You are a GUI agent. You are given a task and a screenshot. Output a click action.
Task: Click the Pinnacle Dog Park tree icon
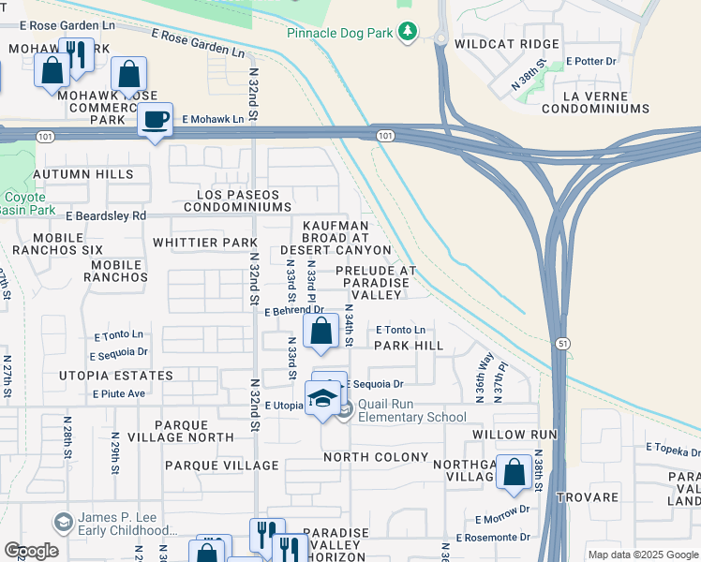pyautogui.click(x=407, y=33)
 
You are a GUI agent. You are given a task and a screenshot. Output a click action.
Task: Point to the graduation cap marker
pyautogui.click(x=321, y=399)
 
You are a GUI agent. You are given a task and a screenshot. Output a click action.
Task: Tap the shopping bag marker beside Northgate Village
pyautogui.click(x=514, y=474)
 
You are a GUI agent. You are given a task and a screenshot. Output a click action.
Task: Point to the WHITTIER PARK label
pyautogui.click(x=198, y=243)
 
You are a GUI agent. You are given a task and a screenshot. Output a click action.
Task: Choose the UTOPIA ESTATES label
pyautogui.click(x=128, y=376)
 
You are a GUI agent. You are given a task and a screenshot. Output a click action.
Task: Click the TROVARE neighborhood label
pyautogui.click(x=587, y=496)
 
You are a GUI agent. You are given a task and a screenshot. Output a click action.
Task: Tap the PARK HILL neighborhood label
pyautogui.click(x=408, y=346)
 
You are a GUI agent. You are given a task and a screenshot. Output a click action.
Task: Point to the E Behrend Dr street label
pyautogui.click(x=293, y=309)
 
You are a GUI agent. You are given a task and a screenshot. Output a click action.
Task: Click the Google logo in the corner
pyautogui.click(x=31, y=551)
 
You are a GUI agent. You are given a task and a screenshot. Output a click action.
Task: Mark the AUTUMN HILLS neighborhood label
pyautogui.click(x=82, y=174)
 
